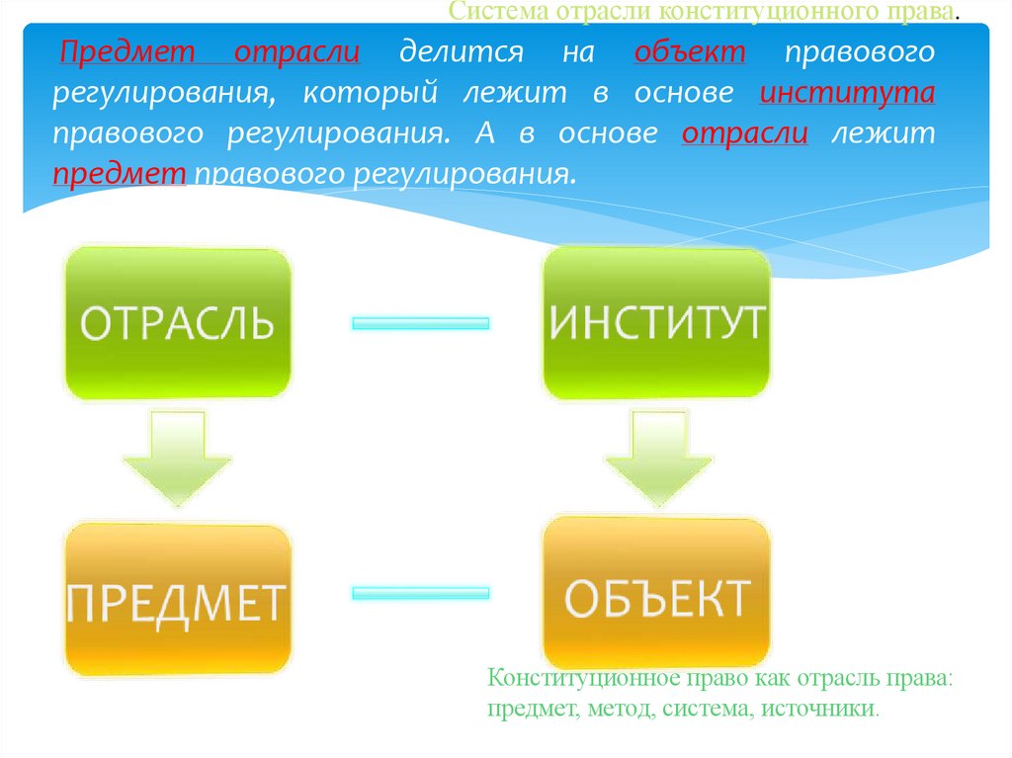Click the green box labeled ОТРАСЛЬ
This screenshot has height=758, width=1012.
(178, 323)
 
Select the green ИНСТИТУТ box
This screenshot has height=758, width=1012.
(656, 323)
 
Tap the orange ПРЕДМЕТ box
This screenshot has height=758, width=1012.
(178, 600)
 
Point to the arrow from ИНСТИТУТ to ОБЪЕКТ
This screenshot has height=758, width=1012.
(656, 457)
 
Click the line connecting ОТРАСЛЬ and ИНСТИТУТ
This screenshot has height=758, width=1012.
(421, 323)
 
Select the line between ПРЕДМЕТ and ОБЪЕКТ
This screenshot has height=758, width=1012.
(421, 593)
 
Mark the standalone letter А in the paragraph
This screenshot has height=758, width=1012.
(482, 134)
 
